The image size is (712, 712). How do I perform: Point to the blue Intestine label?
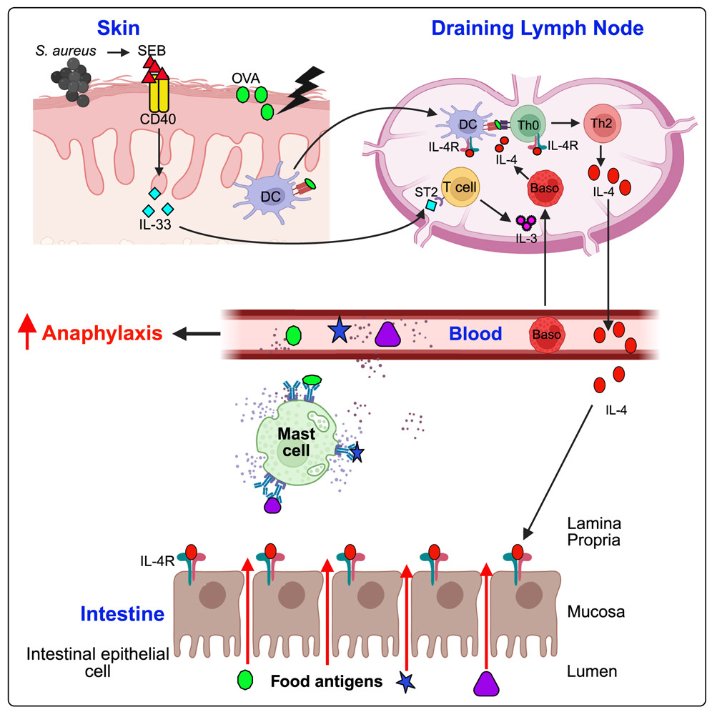point(122,613)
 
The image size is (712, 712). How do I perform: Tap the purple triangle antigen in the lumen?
point(485,683)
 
